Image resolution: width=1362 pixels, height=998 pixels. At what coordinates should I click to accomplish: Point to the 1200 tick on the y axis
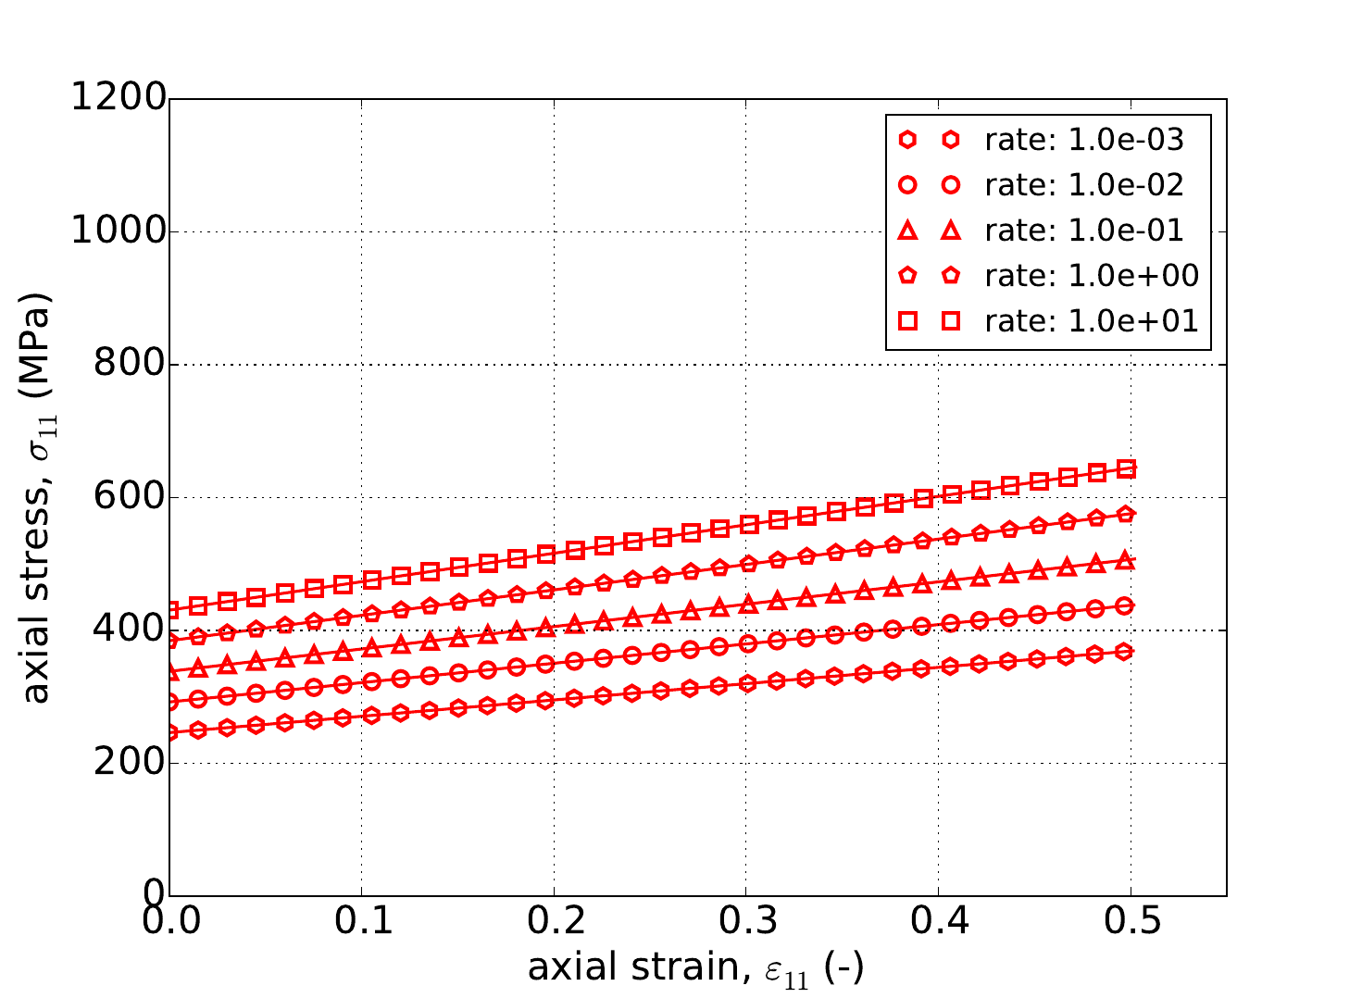click(119, 98)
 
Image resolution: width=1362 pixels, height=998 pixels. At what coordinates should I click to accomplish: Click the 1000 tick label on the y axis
click(119, 231)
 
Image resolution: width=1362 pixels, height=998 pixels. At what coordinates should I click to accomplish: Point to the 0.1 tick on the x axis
click(361, 924)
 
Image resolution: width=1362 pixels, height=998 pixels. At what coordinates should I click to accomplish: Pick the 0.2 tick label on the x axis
click(554, 924)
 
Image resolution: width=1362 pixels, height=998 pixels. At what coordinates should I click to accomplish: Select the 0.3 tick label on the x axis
click(745, 924)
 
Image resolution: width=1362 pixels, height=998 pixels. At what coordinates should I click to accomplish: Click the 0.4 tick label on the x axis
click(938, 924)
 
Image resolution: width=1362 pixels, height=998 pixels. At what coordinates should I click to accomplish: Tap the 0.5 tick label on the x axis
click(1130, 924)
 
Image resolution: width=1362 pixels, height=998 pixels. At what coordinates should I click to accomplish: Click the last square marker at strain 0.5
click(1126, 469)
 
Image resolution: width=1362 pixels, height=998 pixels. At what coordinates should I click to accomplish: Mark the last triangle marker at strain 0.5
click(1126, 559)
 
